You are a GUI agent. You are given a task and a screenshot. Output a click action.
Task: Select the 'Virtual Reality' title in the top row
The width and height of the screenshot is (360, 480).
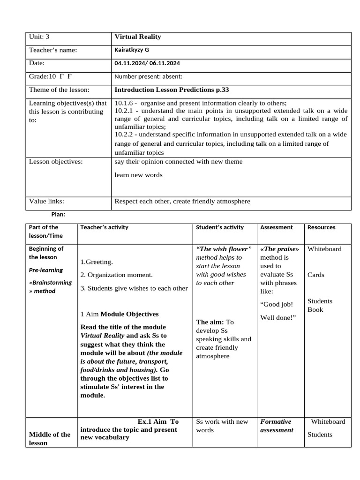[x=137, y=37]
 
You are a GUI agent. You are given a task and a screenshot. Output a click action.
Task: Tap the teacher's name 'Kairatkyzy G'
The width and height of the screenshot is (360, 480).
[x=132, y=50]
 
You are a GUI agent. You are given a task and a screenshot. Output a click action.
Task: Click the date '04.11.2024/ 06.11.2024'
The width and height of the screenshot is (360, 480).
[x=147, y=63]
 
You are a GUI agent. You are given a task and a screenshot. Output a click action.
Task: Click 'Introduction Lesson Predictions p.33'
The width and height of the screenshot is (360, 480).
[x=172, y=90]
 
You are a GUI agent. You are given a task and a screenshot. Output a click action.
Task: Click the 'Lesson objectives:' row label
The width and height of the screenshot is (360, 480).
[x=56, y=162]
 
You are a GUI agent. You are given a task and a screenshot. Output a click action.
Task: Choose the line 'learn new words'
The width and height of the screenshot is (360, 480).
[x=138, y=175]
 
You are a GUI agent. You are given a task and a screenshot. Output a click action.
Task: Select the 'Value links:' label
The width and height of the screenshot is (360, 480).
[x=46, y=202]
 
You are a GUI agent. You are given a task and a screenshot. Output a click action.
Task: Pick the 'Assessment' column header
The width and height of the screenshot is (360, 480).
[x=276, y=227]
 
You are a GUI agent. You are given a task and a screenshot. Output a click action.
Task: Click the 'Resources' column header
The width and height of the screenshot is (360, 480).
[x=321, y=227]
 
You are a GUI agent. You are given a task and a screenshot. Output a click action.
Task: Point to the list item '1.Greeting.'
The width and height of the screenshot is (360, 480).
[x=97, y=262]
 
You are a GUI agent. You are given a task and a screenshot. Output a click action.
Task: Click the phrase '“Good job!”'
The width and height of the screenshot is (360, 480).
[x=276, y=304]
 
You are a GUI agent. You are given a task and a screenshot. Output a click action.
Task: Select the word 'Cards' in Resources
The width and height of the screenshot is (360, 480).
[x=315, y=275]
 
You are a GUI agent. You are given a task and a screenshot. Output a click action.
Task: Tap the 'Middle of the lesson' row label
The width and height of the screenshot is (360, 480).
[x=50, y=438]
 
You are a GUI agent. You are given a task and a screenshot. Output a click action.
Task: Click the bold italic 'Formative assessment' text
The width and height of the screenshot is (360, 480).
[x=277, y=426]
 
